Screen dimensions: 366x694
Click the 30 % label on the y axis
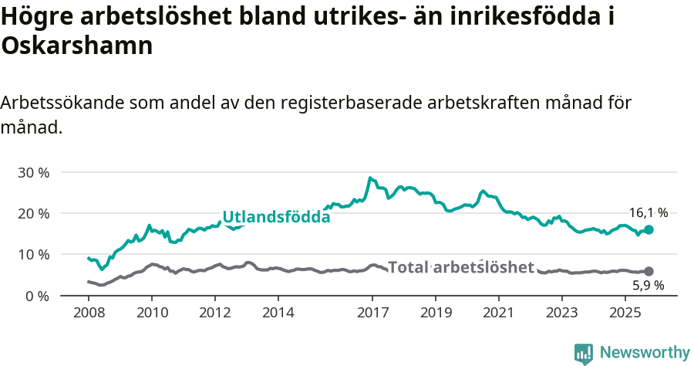(32, 172)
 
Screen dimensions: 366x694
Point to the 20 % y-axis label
(32, 213)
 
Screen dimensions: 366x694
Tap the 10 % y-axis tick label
(32, 255)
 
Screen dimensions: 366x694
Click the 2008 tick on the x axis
(89, 314)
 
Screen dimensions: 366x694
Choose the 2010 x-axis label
(152, 314)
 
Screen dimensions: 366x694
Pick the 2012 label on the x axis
(215, 314)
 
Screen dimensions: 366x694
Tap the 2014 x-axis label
(278, 314)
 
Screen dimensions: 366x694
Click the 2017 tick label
(372, 314)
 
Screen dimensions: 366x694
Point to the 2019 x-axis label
(436, 314)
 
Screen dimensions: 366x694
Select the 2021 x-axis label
(499, 314)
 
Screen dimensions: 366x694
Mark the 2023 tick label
(562, 314)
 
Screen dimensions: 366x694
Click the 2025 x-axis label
(625, 314)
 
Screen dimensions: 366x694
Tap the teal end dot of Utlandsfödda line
(649, 229)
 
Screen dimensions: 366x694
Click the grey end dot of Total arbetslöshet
(649, 271)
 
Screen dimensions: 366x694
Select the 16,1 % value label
(649, 212)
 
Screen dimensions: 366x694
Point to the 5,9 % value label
(648, 286)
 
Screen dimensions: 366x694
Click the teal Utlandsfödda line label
(276, 217)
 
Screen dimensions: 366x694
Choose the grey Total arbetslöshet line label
(460, 267)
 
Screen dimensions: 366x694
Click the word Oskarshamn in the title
(77, 46)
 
